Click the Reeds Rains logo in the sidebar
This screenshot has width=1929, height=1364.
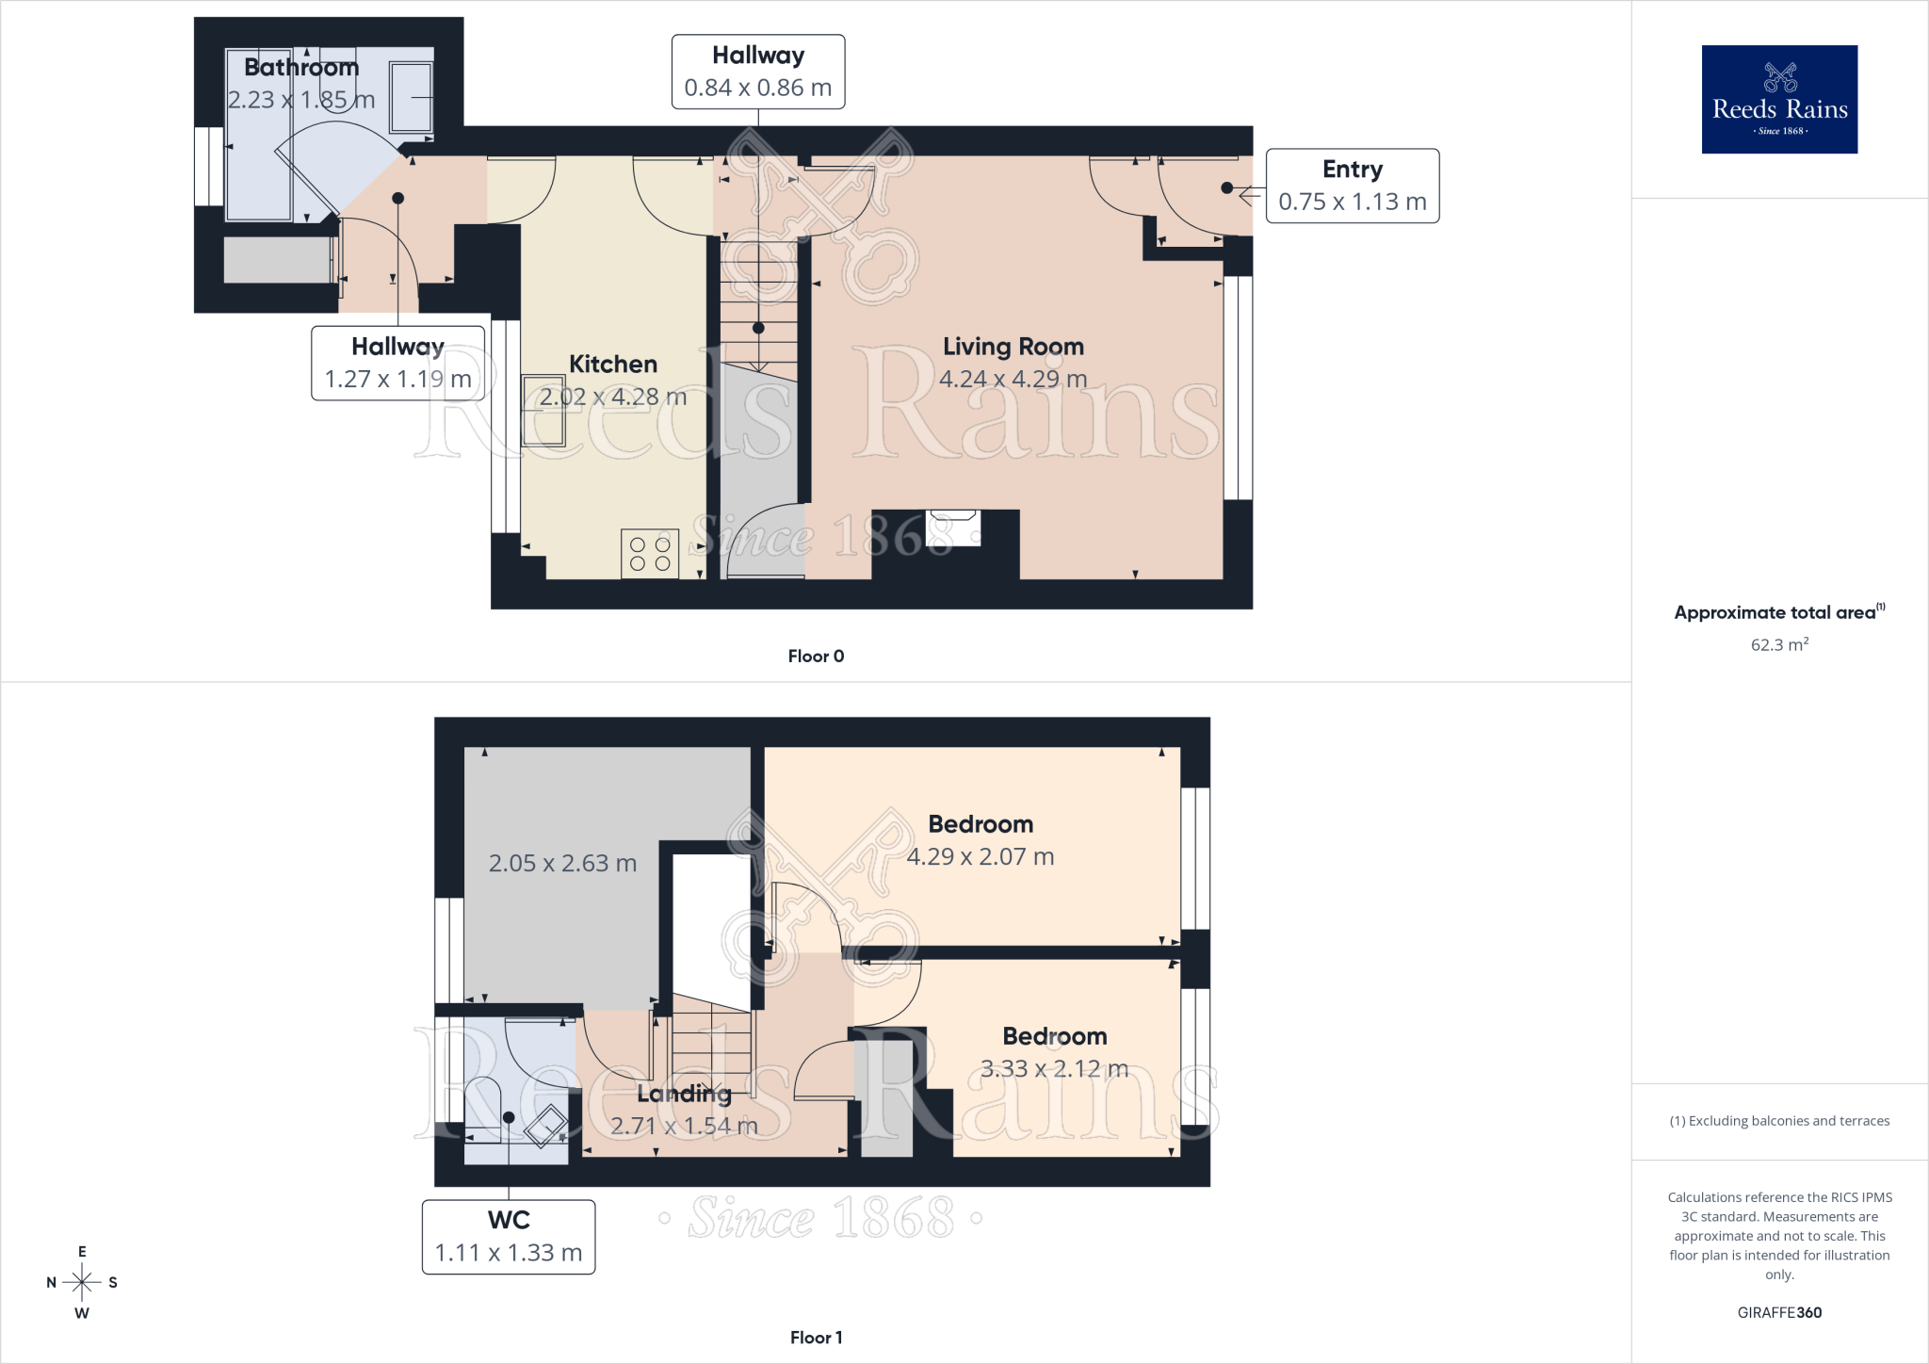1779,99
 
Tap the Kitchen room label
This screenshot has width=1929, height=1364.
613,365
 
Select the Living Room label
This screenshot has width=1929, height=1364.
1013,347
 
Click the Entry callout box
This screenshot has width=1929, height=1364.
1353,186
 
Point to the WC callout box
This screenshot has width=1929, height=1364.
509,1237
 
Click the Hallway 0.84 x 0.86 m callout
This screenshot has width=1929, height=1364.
758,72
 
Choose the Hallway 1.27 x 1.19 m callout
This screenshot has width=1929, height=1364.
398,363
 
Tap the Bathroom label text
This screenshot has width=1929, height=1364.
301,67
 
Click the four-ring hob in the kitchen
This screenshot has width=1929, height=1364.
650,554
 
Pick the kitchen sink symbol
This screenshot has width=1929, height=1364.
543,410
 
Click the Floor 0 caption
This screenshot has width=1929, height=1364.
816,657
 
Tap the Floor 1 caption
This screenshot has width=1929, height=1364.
816,1338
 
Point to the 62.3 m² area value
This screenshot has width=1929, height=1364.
1779,644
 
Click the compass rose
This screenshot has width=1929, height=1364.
82,1282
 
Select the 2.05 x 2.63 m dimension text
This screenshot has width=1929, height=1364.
562,863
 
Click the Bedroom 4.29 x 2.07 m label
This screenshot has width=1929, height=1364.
981,840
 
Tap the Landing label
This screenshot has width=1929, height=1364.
684,1094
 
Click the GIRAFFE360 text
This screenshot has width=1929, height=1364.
1779,1312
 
